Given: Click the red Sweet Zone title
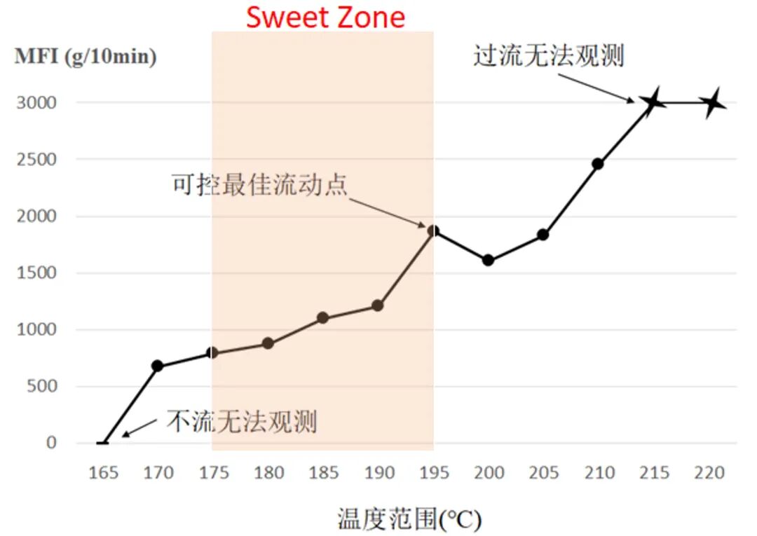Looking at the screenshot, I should click(x=325, y=17).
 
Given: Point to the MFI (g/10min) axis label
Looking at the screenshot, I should click(x=86, y=57).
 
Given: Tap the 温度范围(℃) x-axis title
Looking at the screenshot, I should click(x=409, y=519).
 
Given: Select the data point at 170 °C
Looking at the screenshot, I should click(x=157, y=366).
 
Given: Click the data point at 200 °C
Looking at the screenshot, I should click(x=489, y=260).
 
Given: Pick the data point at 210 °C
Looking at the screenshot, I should click(x=598, y=164).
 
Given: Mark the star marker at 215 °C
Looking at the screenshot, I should click(x=653, y=102).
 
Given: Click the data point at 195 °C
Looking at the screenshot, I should click(x=433, y=231).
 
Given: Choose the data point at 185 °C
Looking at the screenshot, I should click(x=323, y=317).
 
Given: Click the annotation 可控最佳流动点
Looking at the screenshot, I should click(x=259, y=185).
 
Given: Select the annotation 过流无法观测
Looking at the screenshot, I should click(x=548, y=55).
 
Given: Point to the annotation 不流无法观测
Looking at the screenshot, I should click(x=242, y=421).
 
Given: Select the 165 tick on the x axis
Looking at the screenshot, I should click(x=103, y=473).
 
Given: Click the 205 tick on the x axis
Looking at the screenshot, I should click(x=543, y=473).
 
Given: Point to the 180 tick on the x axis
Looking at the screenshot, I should click(x=268, y=473).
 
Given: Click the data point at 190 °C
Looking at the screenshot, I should click(x=377, y=305).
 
